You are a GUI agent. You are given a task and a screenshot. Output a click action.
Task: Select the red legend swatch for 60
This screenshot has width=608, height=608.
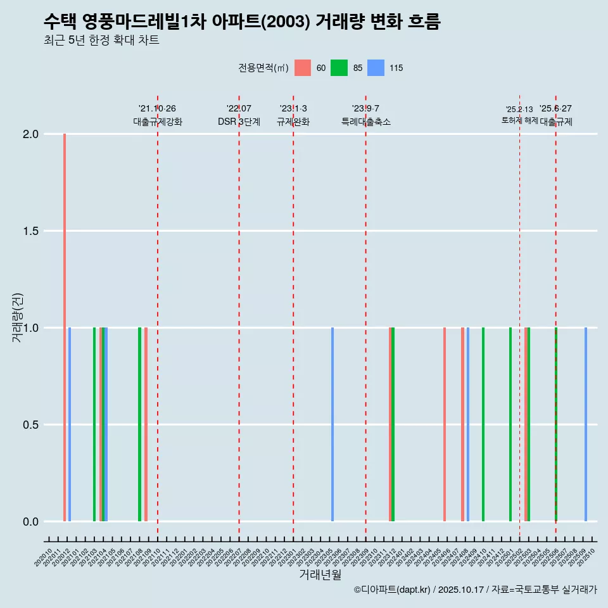(x=303, y=68)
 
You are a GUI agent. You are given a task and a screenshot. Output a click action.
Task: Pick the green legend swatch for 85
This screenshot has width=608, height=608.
(x=339, y=68)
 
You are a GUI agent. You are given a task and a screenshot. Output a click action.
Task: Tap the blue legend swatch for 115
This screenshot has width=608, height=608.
(x=376, y=68)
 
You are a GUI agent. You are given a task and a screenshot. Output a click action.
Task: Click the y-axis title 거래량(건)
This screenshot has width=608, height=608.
(x=18, y=317)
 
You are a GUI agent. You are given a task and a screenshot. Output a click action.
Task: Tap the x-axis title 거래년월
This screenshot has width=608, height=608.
(x=320, y=574)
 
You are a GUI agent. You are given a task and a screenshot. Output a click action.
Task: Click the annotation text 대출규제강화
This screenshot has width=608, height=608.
(x=157, y=122)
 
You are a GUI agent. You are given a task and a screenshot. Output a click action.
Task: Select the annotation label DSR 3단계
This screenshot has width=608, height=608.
(x=239, y=122)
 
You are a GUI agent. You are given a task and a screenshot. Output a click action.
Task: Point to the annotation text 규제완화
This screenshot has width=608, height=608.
(x=293, y=122)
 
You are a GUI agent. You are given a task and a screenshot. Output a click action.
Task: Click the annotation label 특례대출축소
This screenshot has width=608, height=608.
(x=365, y=122)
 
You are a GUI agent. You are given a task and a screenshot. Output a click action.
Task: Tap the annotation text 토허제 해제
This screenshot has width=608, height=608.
(x=519, y=120)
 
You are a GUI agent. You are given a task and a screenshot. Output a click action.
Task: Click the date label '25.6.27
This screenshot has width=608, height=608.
(x=555, y=109)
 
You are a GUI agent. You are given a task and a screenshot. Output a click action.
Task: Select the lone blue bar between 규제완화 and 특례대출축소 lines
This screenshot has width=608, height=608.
(x=332, y=424)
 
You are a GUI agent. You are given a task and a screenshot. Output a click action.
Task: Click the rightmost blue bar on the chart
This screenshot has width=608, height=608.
(x=586, y=424)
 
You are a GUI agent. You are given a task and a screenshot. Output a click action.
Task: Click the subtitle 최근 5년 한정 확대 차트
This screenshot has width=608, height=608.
(x=101, y=41)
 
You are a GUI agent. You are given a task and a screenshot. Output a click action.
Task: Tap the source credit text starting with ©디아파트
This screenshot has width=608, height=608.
(x=475, y=590)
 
